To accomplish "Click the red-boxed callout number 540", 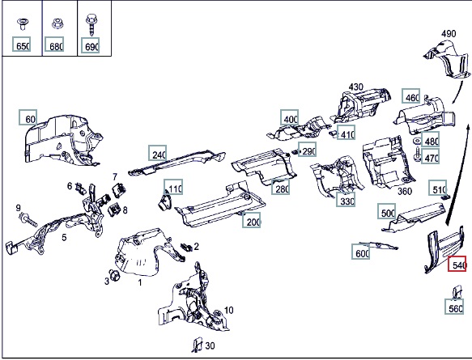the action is tap(457, 264).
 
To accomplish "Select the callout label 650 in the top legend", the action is tap(21, 44).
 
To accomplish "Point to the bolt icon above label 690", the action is tap(91, 24).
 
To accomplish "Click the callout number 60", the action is tap(28, 117).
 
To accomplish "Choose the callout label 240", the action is tap(157, 153).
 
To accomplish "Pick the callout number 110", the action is tap(173, 187).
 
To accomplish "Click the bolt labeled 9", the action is tap(28, 218).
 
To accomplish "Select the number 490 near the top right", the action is tap(449, 33).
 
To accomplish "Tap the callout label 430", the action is tap(355, 87).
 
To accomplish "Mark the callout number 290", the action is tap(308, 150).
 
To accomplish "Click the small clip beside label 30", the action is tap(198, 345).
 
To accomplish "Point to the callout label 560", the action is tap(454, 307).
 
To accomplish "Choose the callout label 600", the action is tap(361, 252).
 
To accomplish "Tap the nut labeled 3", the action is tap(114, 275).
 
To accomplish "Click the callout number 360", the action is tap(405, 191).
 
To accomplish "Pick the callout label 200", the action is tap(252, 220).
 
